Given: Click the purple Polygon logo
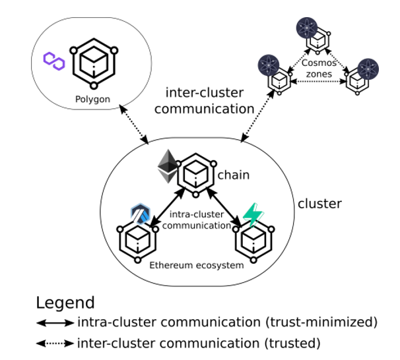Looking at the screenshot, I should point(53,61).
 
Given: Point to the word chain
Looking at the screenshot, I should point(233,175).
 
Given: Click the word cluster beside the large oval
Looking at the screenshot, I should point(320,204).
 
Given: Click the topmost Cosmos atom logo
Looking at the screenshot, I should point(307,28).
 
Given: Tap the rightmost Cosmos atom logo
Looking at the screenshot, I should point(368,70).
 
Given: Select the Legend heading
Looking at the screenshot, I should point(65,303).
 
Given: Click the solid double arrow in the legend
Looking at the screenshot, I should point(55,323).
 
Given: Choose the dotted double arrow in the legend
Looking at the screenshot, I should point(55,343).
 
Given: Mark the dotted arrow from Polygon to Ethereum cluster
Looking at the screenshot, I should point(133,125).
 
